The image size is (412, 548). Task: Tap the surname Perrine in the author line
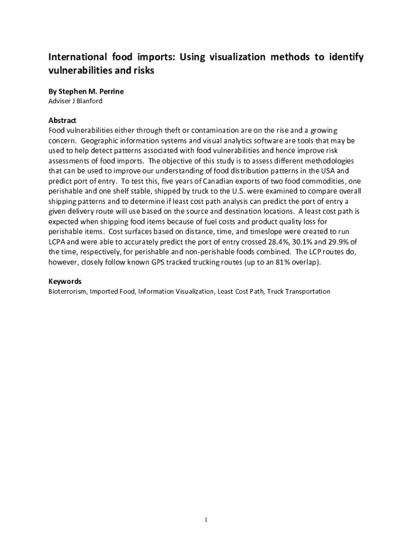[x=110, y=92]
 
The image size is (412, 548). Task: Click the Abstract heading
[x=63, y=120]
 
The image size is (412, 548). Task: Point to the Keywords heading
[x=65, y=281]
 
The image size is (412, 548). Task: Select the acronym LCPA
[x=58, y=242]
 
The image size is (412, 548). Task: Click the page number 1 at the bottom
[x=206, y=520]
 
